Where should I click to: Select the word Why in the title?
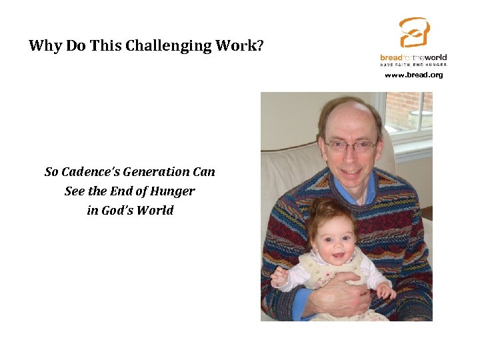click(45, 46)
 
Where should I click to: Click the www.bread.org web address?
click(413, 75)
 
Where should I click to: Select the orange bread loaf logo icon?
click(414, 33)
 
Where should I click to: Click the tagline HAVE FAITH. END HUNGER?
click(413, 65)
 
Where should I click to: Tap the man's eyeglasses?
click(351, 145)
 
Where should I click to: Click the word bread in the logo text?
click(391, 58)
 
